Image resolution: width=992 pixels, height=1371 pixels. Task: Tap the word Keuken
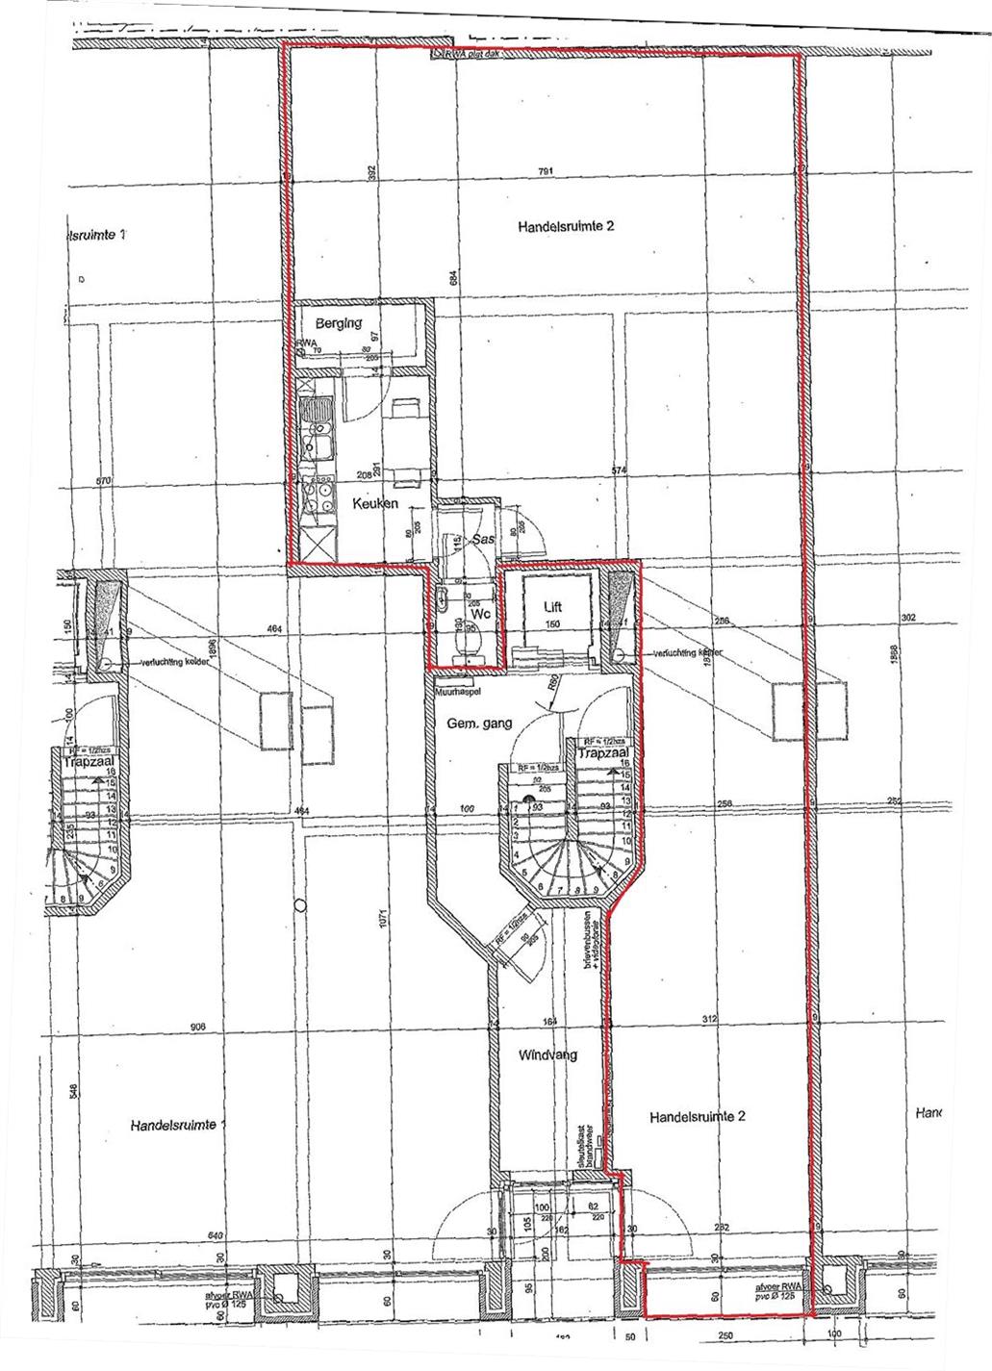click(374, 503)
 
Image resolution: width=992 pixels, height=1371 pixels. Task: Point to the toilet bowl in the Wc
click(470, 639)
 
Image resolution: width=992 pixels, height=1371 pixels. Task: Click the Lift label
click(552, 607)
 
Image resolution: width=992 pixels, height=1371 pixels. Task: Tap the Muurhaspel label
click(456, 690)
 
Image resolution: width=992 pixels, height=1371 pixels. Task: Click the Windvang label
click(547, 1054)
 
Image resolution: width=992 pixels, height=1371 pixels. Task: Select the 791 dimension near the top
click(546, 173)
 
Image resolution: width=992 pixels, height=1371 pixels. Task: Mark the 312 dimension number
click(710, 1020)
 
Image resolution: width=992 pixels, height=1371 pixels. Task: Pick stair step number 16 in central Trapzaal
click(625, 761)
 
